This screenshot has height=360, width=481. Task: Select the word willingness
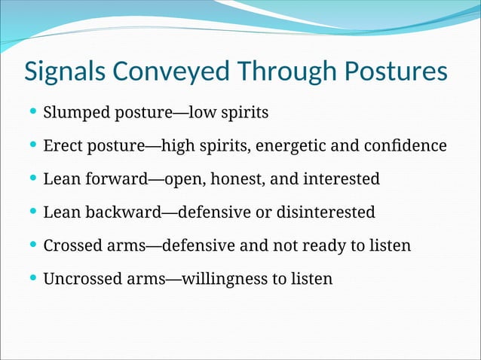point(222,279)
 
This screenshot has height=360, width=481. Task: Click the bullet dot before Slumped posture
point(32,113)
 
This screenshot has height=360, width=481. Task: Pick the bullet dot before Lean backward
point(32,212)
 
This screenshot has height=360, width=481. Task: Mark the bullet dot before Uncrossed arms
point(32,278)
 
